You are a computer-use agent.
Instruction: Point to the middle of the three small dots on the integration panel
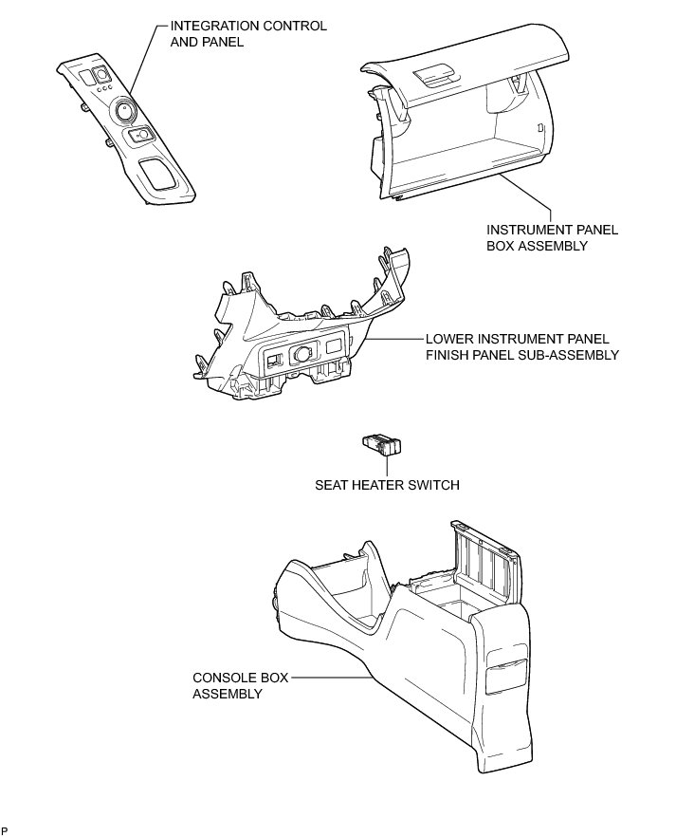(x=103, y=88)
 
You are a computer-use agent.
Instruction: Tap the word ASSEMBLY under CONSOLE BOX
(x=228, y=694)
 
